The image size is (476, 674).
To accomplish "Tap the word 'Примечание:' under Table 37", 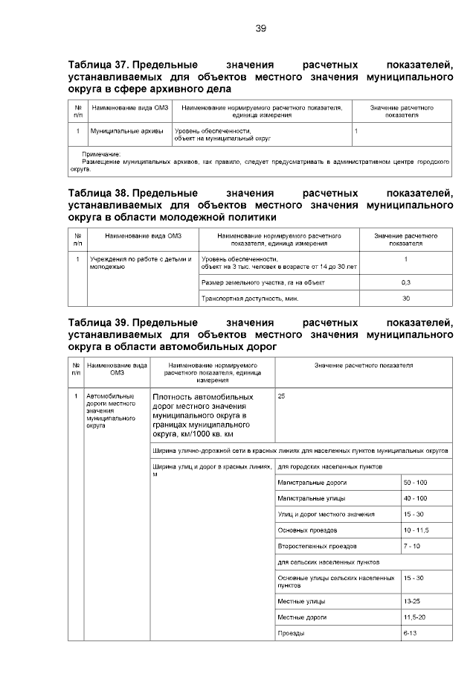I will coord(100,153).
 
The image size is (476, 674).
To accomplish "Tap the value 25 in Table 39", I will coord(281,397).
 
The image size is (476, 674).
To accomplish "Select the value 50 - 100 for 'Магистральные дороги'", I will coord(415,483).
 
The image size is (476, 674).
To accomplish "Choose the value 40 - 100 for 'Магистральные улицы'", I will coord(415,498).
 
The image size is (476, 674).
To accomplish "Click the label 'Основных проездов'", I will coord(307,530).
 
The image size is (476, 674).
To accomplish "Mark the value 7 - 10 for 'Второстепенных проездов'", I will coord(412,546).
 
